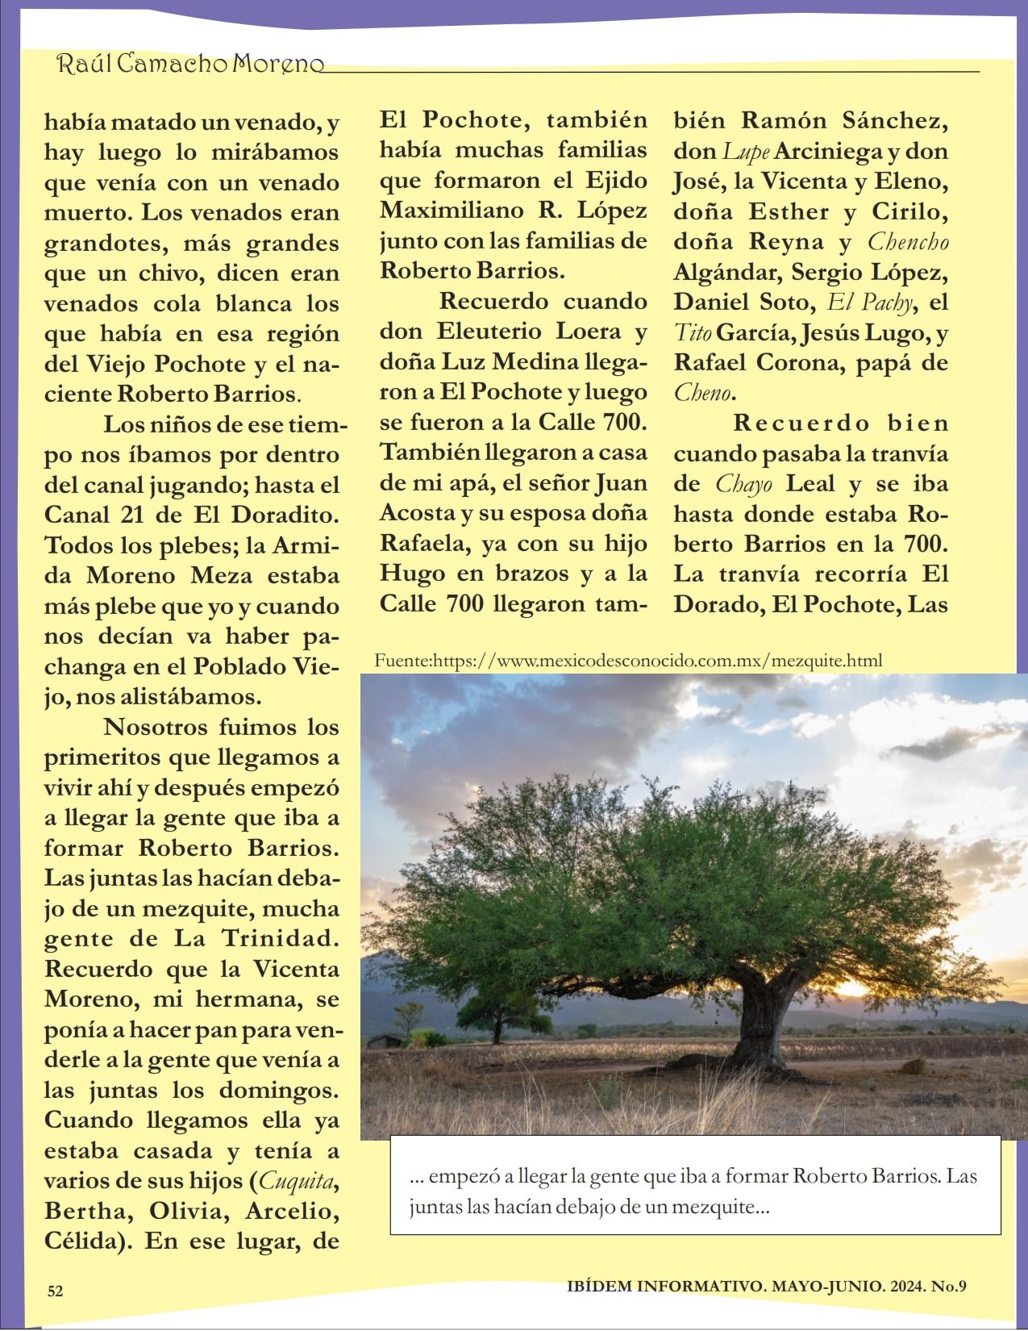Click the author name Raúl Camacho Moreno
pos(190,64)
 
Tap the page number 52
pos(56,1291)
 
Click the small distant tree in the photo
pos(494,1008)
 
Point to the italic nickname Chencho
pos(908,242)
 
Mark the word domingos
pos(279,1090)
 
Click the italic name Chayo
pos(743,484)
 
